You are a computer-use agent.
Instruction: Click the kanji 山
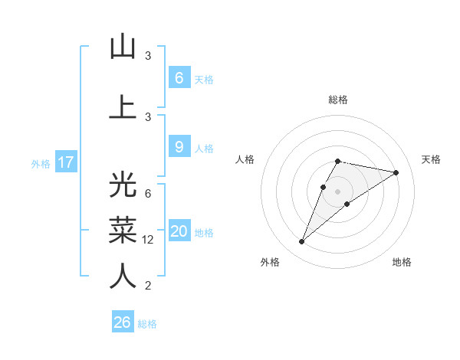(x=123, y=47)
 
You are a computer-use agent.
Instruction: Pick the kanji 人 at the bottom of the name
(x=123, y=275)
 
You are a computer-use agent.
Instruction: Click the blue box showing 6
(x=179, y=78)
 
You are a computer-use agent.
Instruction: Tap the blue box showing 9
(x=179, y=148)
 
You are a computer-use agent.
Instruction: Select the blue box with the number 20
(x=179, y=232)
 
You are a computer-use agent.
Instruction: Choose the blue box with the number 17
(x=65, y=162)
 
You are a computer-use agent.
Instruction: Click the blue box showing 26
(x=123, y=322)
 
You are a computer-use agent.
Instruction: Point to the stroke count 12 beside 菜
(x=148, y=240)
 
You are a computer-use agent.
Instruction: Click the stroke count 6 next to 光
(x=148, y=193)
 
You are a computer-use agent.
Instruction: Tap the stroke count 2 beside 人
(x=148, y=286)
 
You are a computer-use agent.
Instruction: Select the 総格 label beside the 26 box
(x=147, y=324)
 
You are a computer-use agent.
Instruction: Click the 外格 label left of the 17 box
(x=40, y=163)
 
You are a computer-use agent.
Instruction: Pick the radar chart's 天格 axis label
(x=431, y=159)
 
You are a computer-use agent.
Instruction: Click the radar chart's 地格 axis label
(x=402, y=262)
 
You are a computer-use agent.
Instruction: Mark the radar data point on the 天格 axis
(x=396, y=172)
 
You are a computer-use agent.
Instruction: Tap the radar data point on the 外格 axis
(x=302, y=242)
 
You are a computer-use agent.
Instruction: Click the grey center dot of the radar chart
(x=337, y=191)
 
